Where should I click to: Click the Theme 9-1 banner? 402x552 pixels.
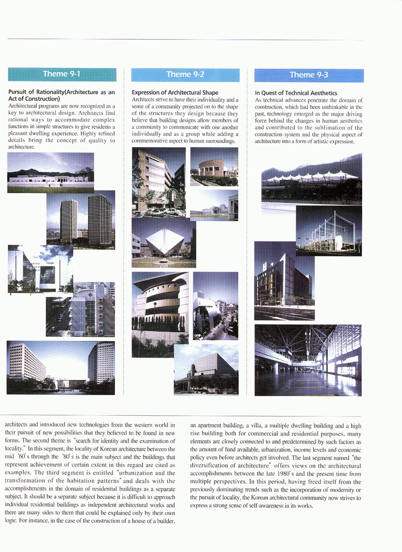(62, 74)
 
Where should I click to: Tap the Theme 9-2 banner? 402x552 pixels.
(185, 74)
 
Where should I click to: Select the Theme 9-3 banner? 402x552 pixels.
(309, 75)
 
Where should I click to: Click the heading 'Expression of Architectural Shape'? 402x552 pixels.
(175, 93)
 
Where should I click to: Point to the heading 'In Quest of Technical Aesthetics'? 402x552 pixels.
(296, 93)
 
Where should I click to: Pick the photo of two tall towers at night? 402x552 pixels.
(81, 220)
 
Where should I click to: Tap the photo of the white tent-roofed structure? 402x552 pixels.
(311, 179)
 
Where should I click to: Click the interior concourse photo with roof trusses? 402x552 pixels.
(308, 360)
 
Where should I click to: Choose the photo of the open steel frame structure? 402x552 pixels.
(329, 231)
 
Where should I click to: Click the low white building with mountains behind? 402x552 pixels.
(50, 173)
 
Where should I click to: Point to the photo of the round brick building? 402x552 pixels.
(214, 167)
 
